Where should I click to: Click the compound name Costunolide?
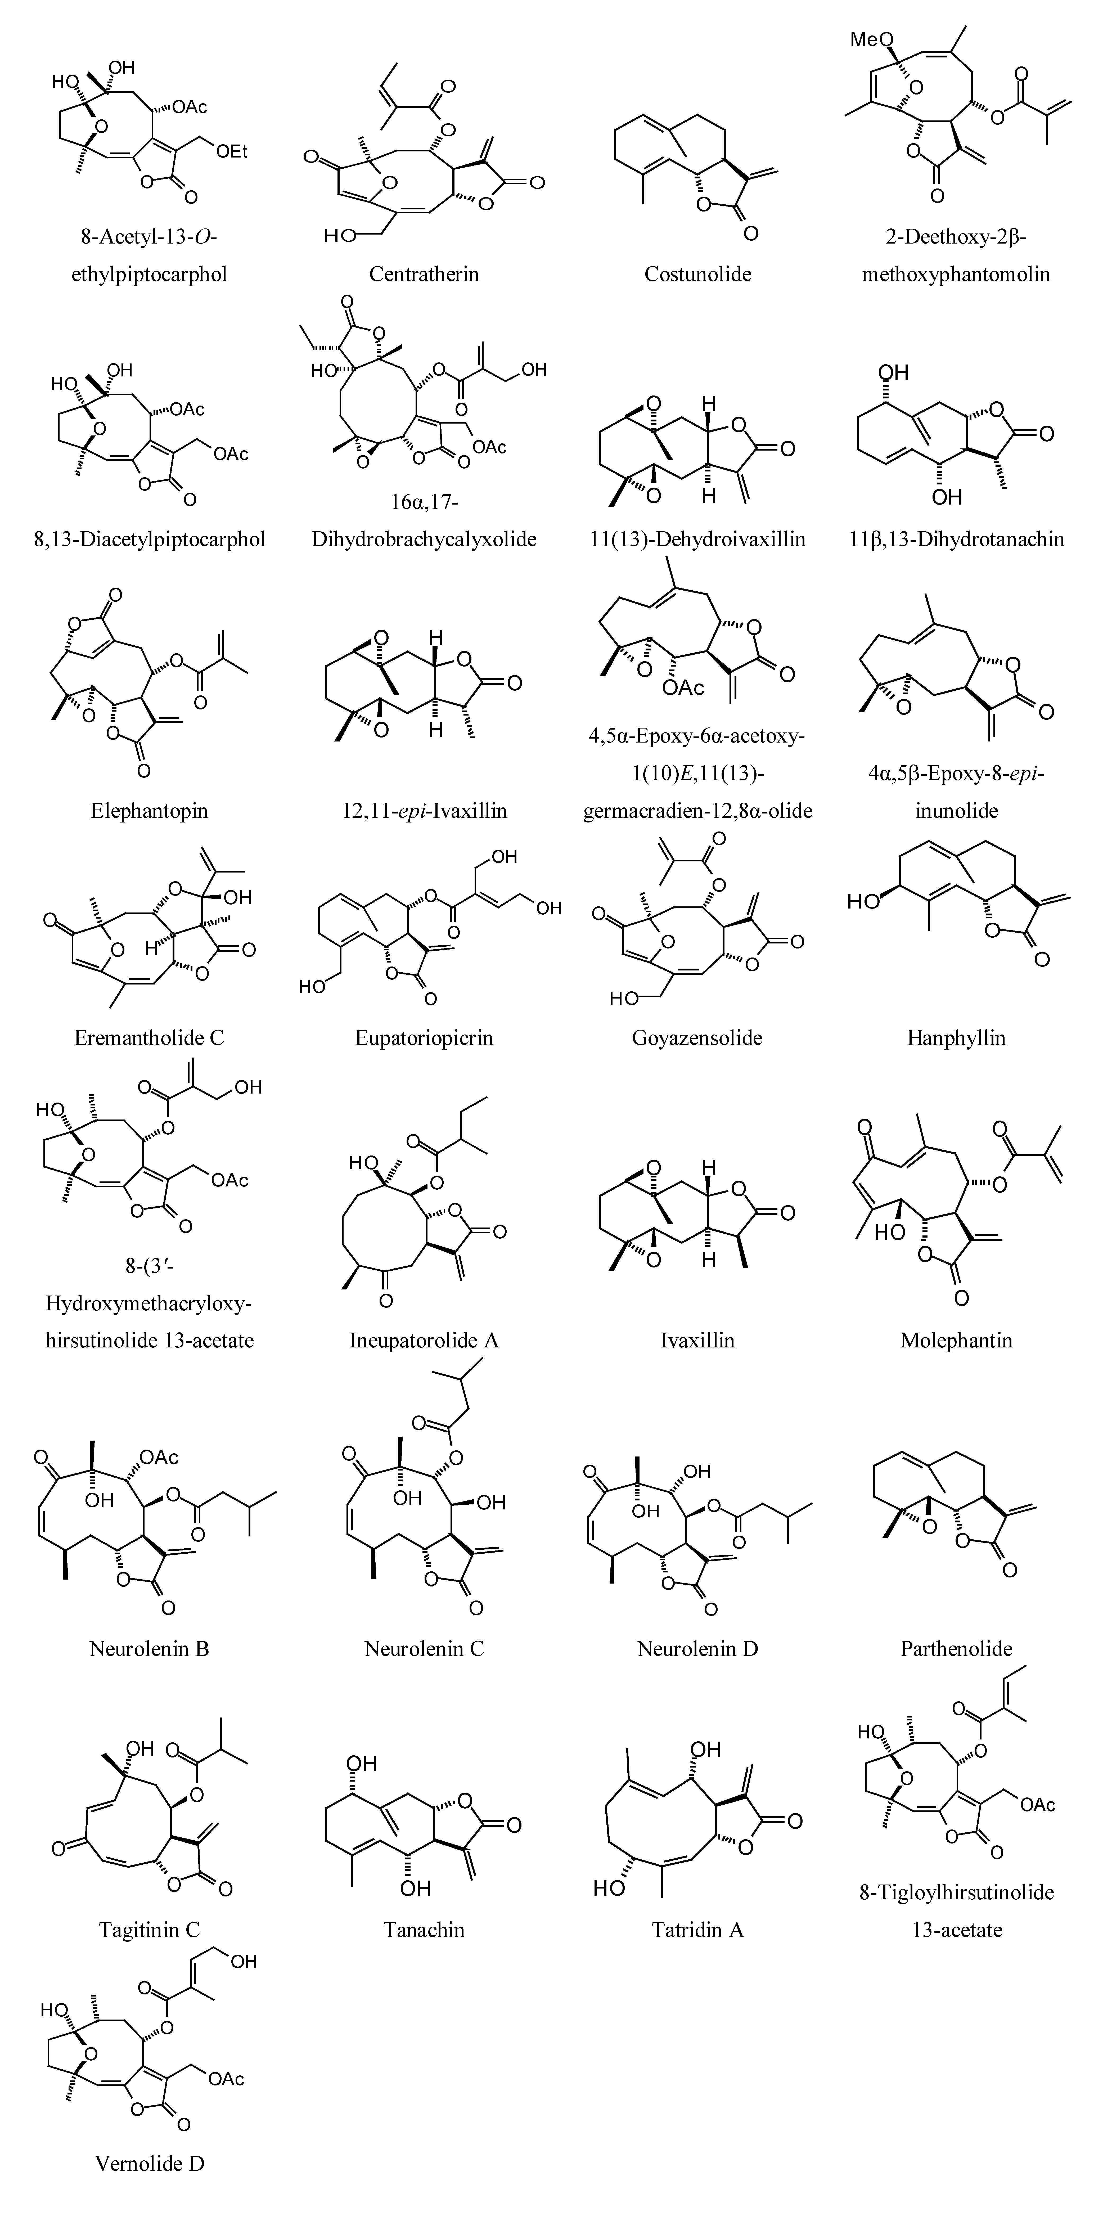point(697,274)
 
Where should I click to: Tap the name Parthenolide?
point(956,1648)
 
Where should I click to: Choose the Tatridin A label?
point(697,1930)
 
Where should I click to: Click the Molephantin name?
point(956,1340)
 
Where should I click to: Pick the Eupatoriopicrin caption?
point(424,1037)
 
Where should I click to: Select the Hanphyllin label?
point(956,1037)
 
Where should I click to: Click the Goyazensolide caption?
point(697,1037)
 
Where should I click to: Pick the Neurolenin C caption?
point(424,1648)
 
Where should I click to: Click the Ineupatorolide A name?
point(424,1340)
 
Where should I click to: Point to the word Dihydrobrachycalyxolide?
point(424,540)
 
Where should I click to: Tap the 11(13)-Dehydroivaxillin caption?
point(697,540)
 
